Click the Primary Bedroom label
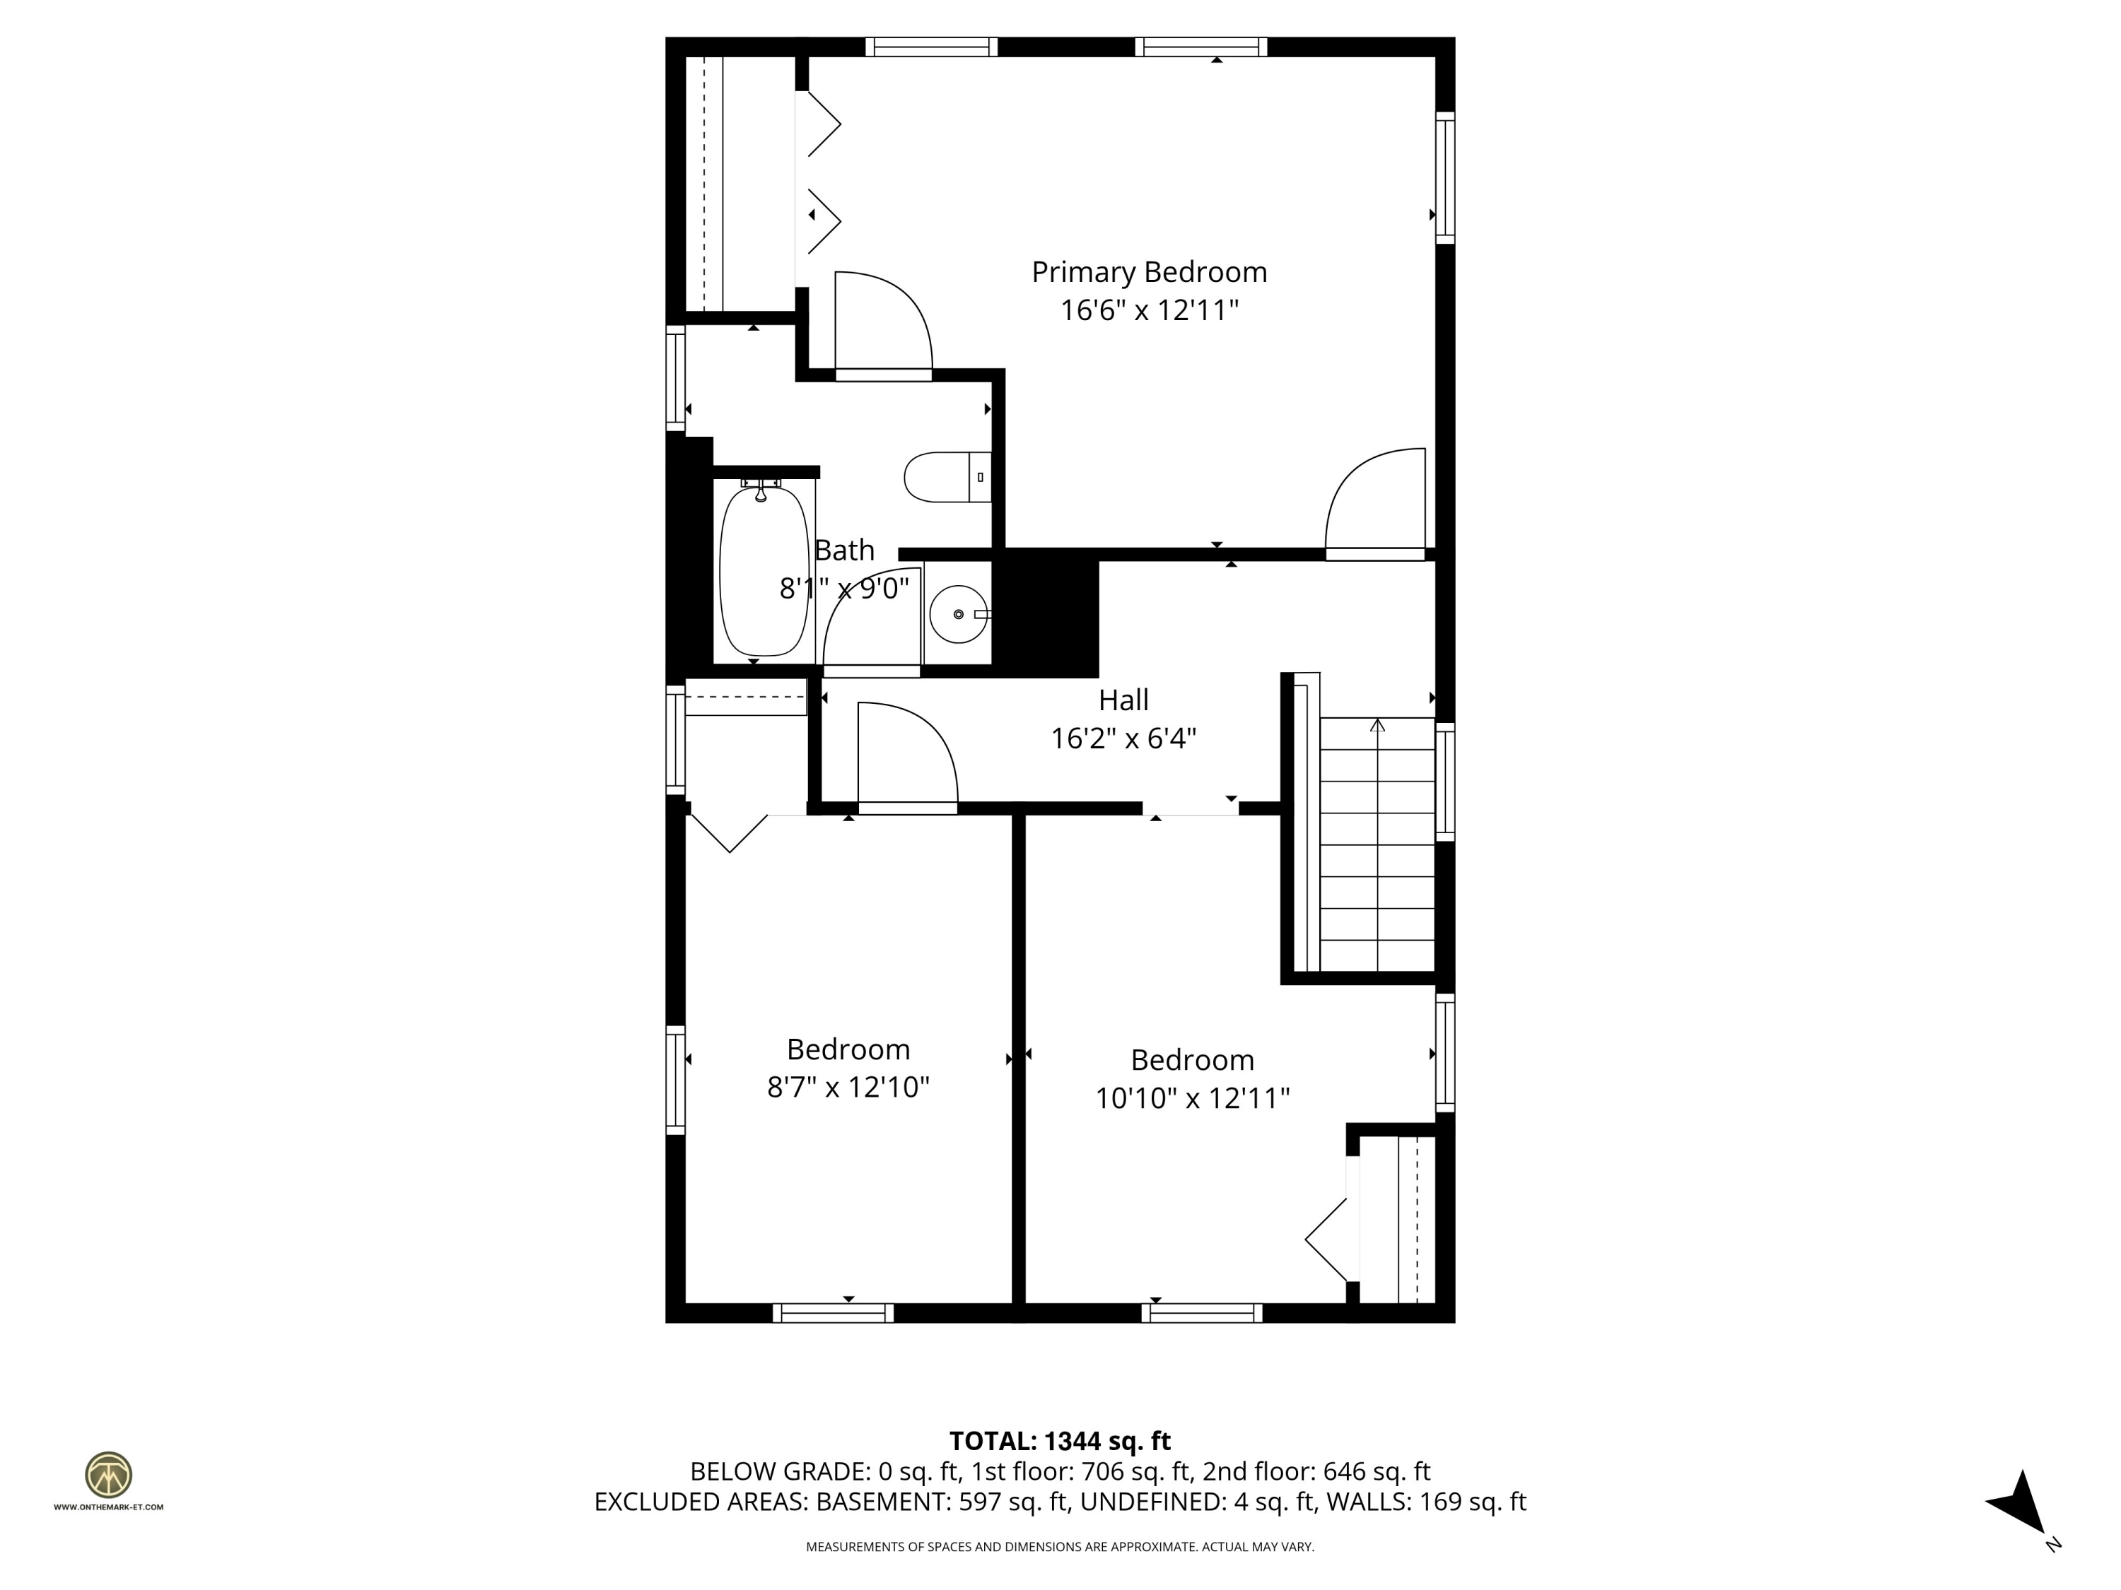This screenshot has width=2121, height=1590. point(1149,272)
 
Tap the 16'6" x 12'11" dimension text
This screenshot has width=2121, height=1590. point(1149,310)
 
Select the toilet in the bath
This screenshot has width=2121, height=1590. point(948,477)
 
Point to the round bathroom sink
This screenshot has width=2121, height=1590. point(959,614)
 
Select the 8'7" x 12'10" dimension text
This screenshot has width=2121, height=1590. point(848,1087)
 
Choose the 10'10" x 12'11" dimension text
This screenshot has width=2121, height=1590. point(1192,1097)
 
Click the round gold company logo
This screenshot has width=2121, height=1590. point(108,1475)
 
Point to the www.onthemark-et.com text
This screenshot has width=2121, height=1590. point(108,1507)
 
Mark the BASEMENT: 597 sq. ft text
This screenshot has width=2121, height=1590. point(942,1502)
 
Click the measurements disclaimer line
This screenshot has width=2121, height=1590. point(1060,1547)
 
